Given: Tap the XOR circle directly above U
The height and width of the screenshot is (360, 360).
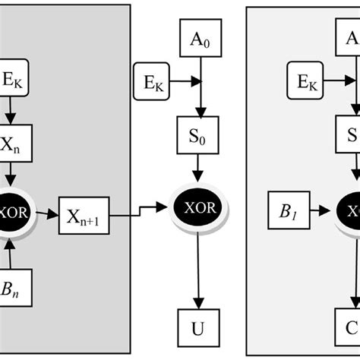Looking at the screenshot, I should (x=198, y=205).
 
